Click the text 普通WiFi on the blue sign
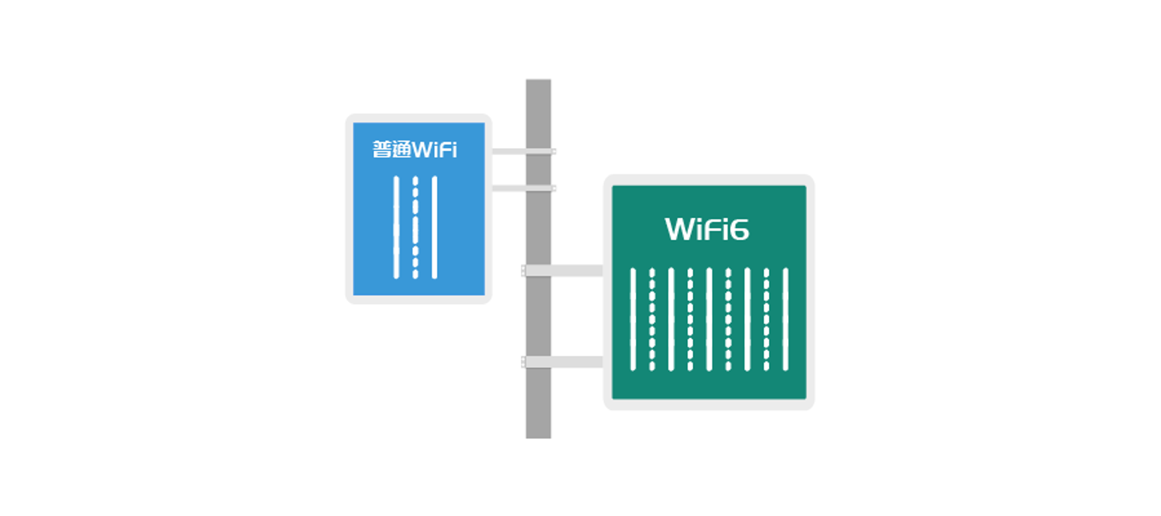[414, 150]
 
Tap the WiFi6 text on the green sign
[707, 229]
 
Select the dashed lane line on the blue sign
[415, 227]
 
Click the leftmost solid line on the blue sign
[396, 227]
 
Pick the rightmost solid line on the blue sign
[434, 227]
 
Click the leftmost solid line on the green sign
[633, 319]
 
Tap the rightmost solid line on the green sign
[786, 319]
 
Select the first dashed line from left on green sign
[652, 319]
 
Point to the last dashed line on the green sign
[766, 319]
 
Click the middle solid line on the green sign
[709, 319]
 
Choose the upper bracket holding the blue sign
[523, 151]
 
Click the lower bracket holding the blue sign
[523, 188]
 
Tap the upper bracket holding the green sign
[563, 271]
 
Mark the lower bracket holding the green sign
[563, 362]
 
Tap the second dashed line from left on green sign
[690, 319]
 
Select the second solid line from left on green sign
[671, 319]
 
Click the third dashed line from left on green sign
[729, 319]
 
